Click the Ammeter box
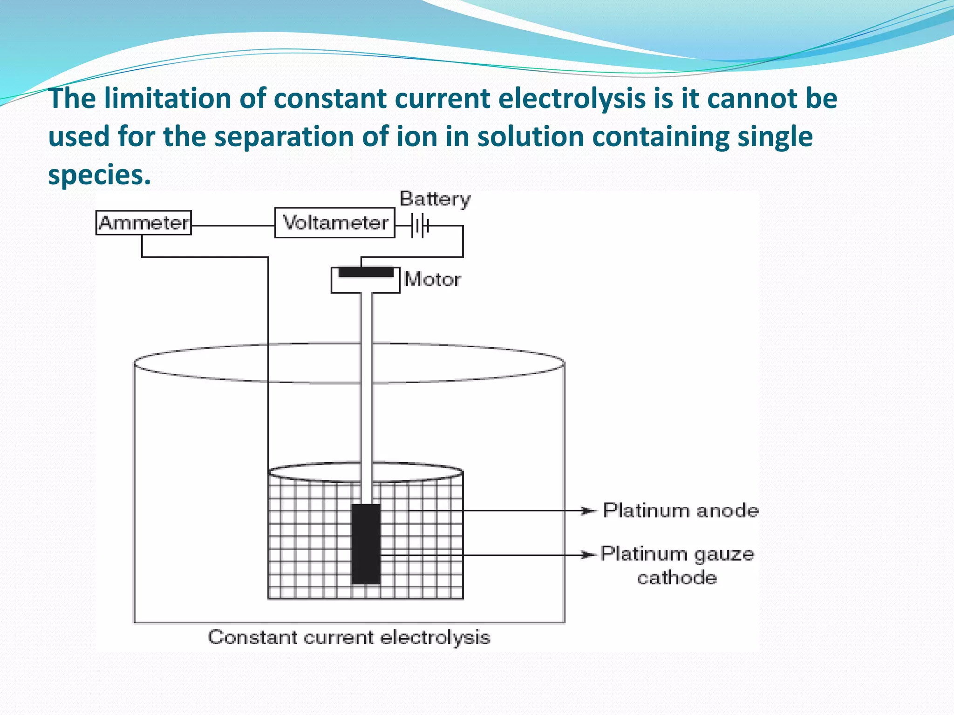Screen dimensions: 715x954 click(x=143, y=223)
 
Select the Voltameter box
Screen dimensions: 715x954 click(x=334, y=223)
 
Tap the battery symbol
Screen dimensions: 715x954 click(x=420, y=226)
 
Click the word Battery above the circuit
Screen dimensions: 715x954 click(x=435, y=199)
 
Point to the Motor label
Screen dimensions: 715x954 click(x=433, y=280)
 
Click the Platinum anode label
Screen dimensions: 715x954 click(x=681, y=511)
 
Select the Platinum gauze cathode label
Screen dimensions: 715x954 click(x=677, y=565)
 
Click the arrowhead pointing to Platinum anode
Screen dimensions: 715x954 click(x=589, y=511)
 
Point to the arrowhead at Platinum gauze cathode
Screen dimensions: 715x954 click(x=589, y=555)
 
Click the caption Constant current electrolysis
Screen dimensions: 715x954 click(x=349, y=637)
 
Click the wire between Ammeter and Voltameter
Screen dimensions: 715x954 click(x=233, y=226)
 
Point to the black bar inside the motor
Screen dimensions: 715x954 click(x=366, y=272)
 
